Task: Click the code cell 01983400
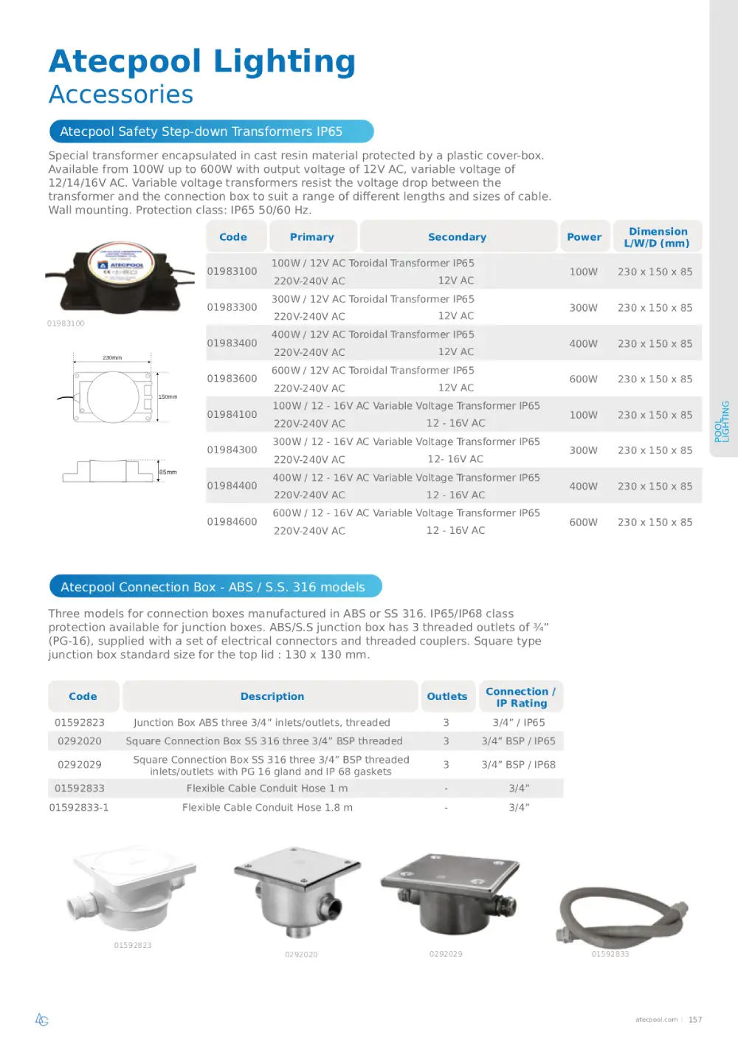[232, 343]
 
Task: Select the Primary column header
[312, 237]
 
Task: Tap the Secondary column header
[457, 237]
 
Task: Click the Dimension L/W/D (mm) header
[657, 237]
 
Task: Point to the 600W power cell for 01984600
[583, 522]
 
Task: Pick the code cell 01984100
[232, 415]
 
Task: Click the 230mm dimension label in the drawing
[112, 358]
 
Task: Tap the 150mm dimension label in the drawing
[168, 397]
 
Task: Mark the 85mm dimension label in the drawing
[168, 473]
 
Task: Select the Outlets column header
[446, 696]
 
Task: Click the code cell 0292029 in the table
[80, 765]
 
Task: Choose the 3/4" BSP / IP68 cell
[519, 765]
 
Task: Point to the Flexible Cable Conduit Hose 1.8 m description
[267, 808]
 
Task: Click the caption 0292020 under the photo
[301, 955]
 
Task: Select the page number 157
[695, 1020]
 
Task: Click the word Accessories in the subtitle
[121, 95]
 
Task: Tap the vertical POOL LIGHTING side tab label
[722, 422]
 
